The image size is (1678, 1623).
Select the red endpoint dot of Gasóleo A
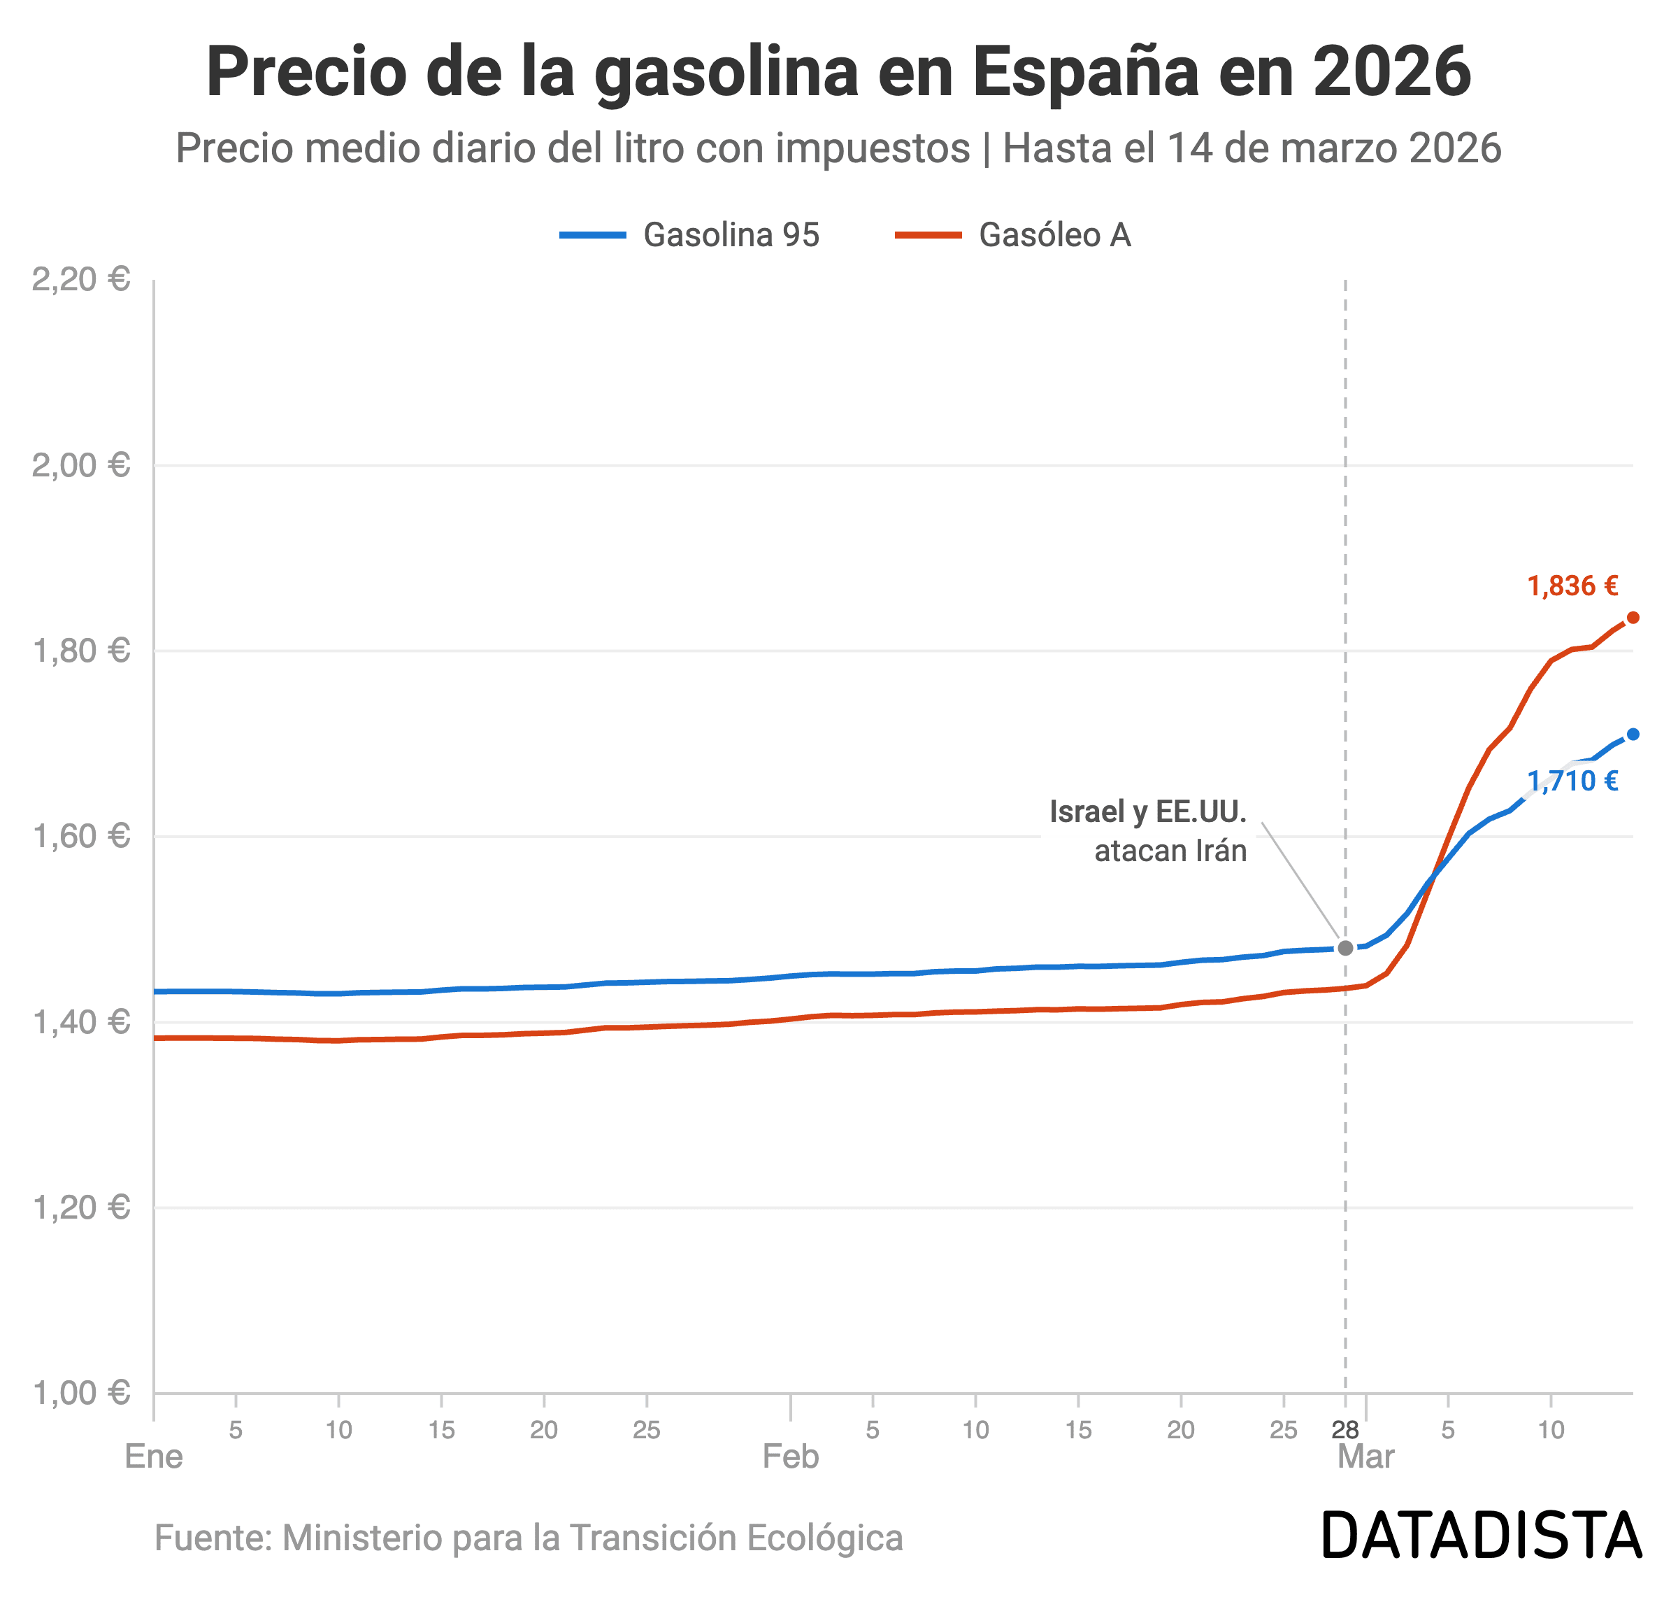pyautogui.click(x=1633, y=618)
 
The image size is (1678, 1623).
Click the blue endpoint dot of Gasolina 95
pyautogui.click(x=1633, y=734)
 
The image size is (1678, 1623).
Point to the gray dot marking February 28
pyautogui.click(x=1345, y=948)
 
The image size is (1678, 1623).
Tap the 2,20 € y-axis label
pyautogui.click(x=80, y=279)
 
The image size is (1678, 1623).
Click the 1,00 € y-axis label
pyautogui.click(x=80, y=1394)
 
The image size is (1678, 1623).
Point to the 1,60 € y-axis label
pyautogui.click(x=80, y=836)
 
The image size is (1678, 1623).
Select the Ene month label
pyautogui.click(x=154, y=1457)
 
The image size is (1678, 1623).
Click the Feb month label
pyautogui.click(x=790, y=1457)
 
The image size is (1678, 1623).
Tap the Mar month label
pyautogui.click(x=1365, y=1457)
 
